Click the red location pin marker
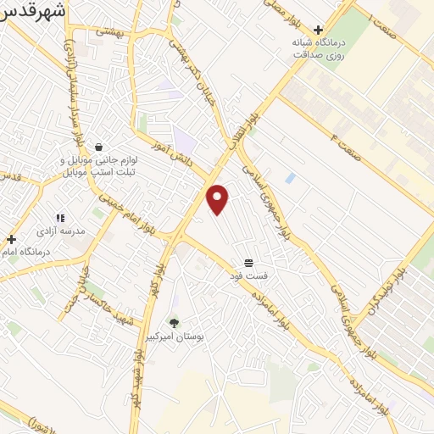click(218, 198)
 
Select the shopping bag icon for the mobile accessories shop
click(99, 147)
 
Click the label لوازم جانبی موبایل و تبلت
click(100, 165)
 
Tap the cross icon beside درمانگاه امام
click(11, 239)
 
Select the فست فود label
click(251, 275)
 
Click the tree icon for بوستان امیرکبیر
click(175, 322)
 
